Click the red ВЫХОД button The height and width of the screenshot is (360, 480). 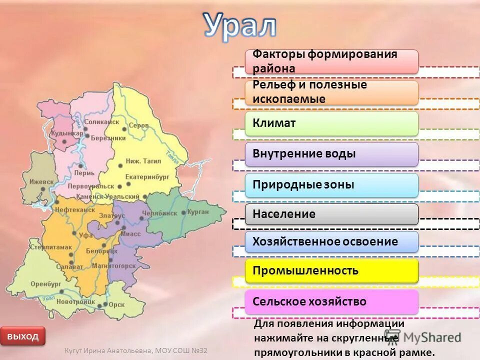[23, 336]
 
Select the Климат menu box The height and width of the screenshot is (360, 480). [331, 123]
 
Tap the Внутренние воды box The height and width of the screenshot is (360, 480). [331, 154]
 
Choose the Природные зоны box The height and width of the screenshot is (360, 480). [331, 184]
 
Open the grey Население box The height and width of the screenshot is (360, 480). [331, 214]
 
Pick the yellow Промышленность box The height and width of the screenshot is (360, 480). [331, 271]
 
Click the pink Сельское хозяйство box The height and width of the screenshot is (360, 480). [331, 301]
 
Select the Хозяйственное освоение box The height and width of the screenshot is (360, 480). [331, 242]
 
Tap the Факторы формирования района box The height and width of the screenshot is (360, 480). [331, 61]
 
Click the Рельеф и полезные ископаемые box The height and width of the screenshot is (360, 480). [331, 92]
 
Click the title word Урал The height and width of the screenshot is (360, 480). [239, 25]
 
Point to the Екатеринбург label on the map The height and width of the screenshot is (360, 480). [148, 176]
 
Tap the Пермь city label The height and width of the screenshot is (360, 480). [84, 173]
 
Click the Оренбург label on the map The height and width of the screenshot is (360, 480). [45, 283]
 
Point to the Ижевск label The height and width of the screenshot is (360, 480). [41, 181]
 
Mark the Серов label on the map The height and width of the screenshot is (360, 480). [138, 125]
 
